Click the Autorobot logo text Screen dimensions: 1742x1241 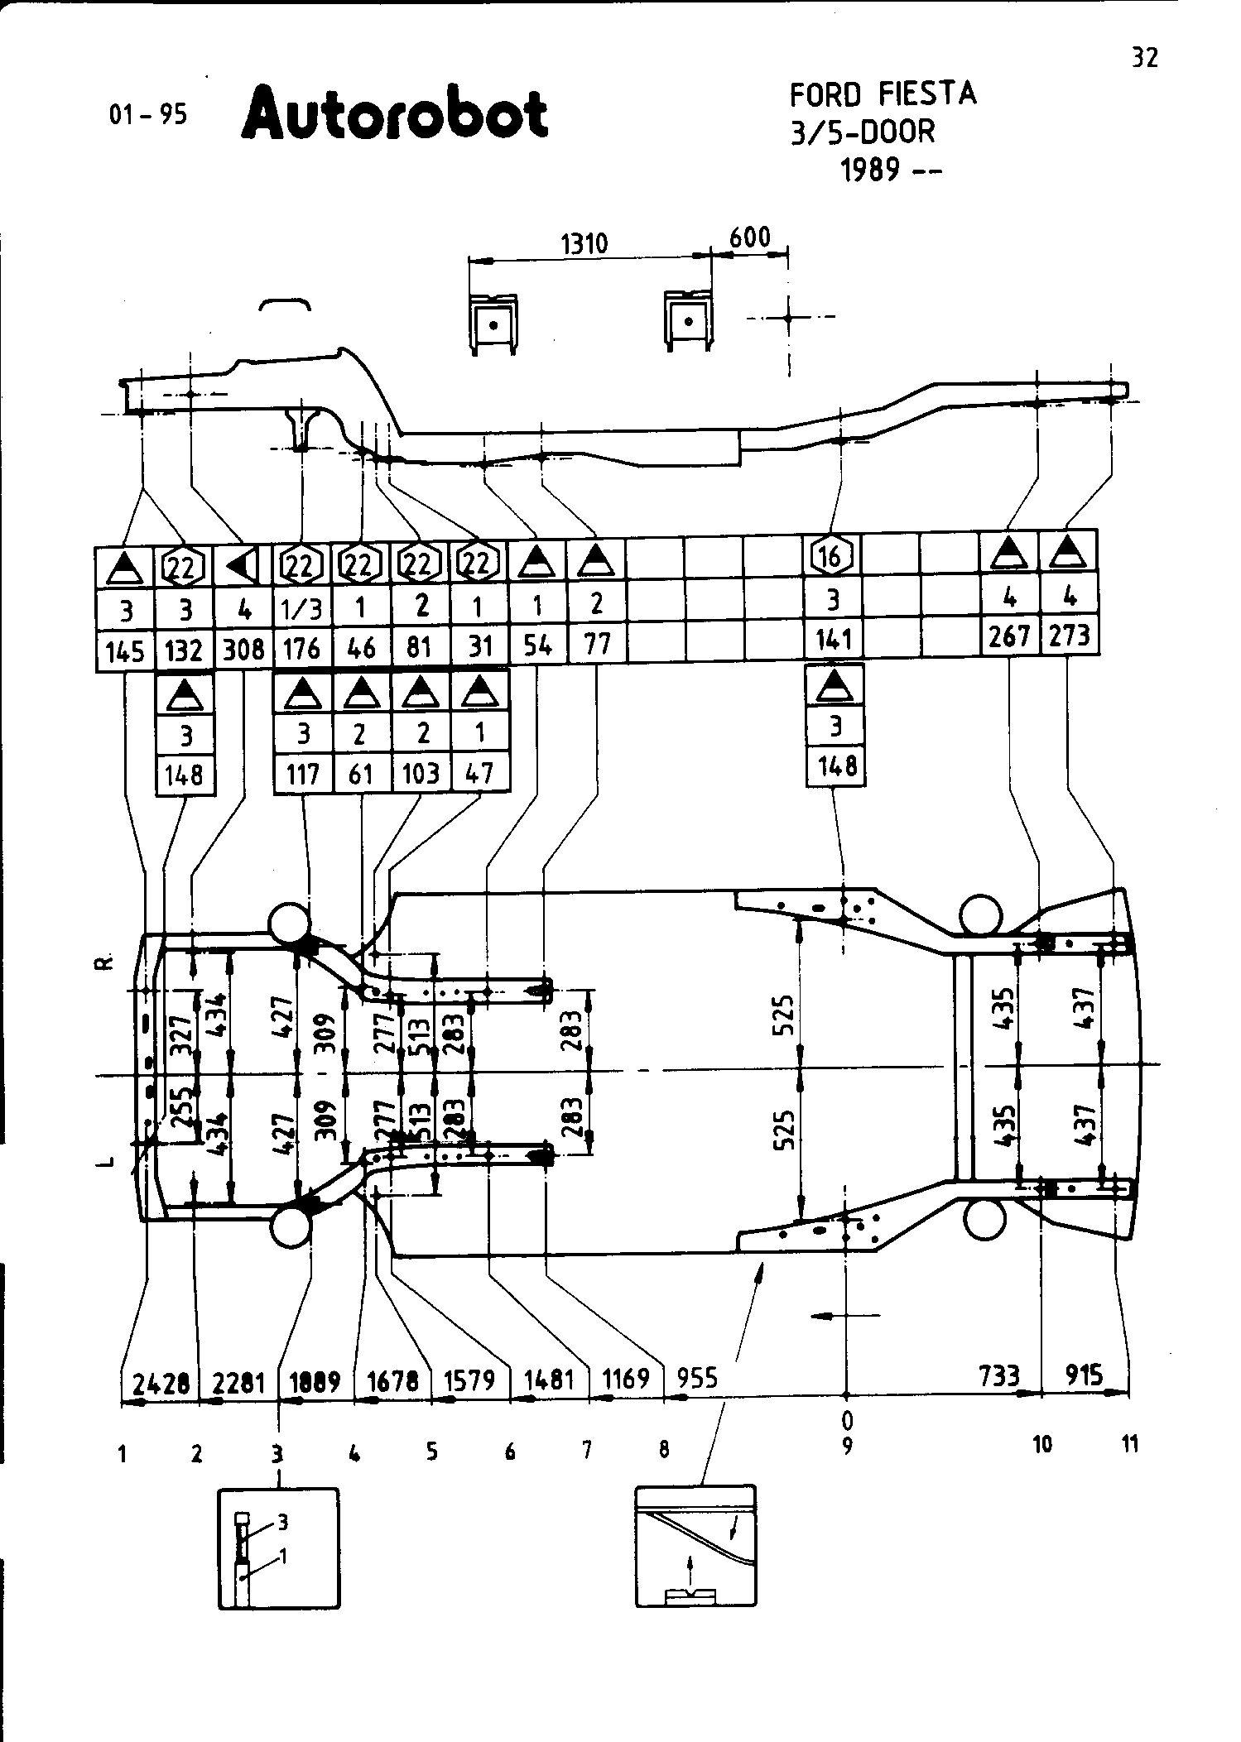[x=395, y=113]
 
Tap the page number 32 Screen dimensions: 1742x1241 [x=1144, y=58]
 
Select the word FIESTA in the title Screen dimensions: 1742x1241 [x=927, y=94]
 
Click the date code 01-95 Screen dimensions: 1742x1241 [x=149, y=114]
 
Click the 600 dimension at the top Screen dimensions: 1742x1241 [x=749, y=238]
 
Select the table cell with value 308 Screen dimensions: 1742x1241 [x=243, y=650]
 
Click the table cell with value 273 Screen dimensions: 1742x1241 [x=1069, y=636]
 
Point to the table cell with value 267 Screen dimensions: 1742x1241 [x=1009, y=636]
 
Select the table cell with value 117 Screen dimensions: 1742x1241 [x=302, y=774]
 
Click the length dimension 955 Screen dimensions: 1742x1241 [x=697, y=1378]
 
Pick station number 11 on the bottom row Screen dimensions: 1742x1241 [x=1129, y=1444]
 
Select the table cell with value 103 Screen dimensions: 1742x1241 [x=421, y=774]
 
